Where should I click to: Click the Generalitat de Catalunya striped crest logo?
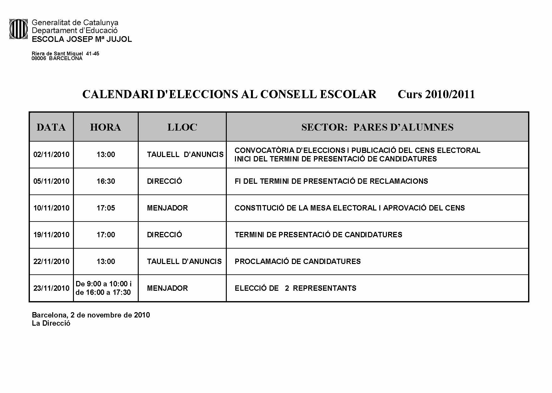tap(19, 29)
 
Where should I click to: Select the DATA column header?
tap(51, 127)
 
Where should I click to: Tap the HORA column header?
tap(105, 127)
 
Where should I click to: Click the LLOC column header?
tap(182, 127)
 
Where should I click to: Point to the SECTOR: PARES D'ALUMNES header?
tap(377, 127)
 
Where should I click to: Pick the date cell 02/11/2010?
tap(51, 154)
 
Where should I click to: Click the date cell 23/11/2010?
tap(51, 288)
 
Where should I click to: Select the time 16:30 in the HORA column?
tap(106, 181)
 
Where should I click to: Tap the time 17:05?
tap(106, 208)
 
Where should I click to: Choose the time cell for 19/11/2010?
tap(106, 235)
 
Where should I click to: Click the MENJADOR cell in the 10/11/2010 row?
tap(167, 208)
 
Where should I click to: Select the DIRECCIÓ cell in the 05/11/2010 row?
tap(164, 181)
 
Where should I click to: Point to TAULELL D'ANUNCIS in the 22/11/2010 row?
tap(184, 261)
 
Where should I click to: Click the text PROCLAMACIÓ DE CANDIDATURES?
tap(298, 261)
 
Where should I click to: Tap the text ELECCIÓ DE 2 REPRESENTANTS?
tap(295, 288)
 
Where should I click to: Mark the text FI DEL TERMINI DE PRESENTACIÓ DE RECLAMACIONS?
tap(331, 181)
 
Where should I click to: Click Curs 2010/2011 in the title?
tap(436, 94)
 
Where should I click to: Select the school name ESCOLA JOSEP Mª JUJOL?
tap(82, 39)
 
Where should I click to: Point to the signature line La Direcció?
tap(51, 323)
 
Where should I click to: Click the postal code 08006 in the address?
tap(39, 59)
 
